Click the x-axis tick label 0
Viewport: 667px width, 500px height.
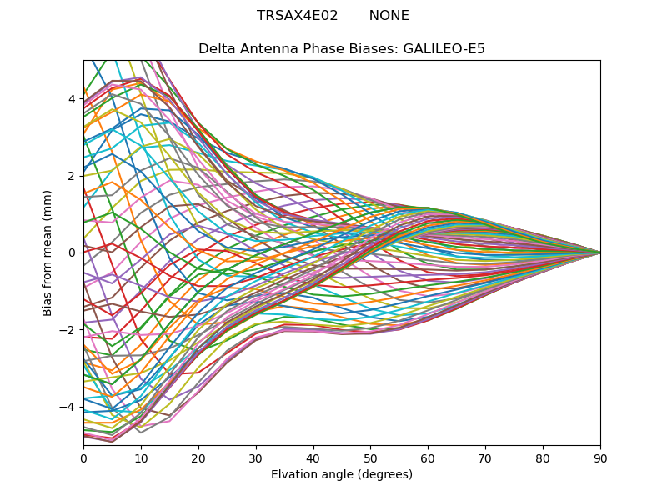[83, 457]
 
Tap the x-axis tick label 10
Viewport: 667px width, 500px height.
[141, 457]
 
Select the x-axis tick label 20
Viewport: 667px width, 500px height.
[198, 457]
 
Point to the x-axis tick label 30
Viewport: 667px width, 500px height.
[256, 457]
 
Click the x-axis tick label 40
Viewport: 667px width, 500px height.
[313, 457]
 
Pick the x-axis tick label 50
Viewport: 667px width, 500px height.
[370, 457]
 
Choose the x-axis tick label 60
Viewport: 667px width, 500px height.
[428, 457]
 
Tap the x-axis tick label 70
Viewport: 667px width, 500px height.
[485, 457]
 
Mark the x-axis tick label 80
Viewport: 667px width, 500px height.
[543, 457]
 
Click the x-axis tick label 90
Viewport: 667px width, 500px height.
[600, 457]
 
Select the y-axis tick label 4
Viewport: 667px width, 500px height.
[72, 99]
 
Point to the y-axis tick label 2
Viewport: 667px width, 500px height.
[72, 176]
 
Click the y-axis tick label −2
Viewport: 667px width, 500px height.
[68, 329]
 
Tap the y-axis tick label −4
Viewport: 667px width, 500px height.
[68, 407]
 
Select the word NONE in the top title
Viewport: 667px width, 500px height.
[389, 16]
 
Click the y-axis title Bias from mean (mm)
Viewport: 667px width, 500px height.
[48, 251]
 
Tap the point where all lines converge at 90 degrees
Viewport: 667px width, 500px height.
[600, 252]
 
